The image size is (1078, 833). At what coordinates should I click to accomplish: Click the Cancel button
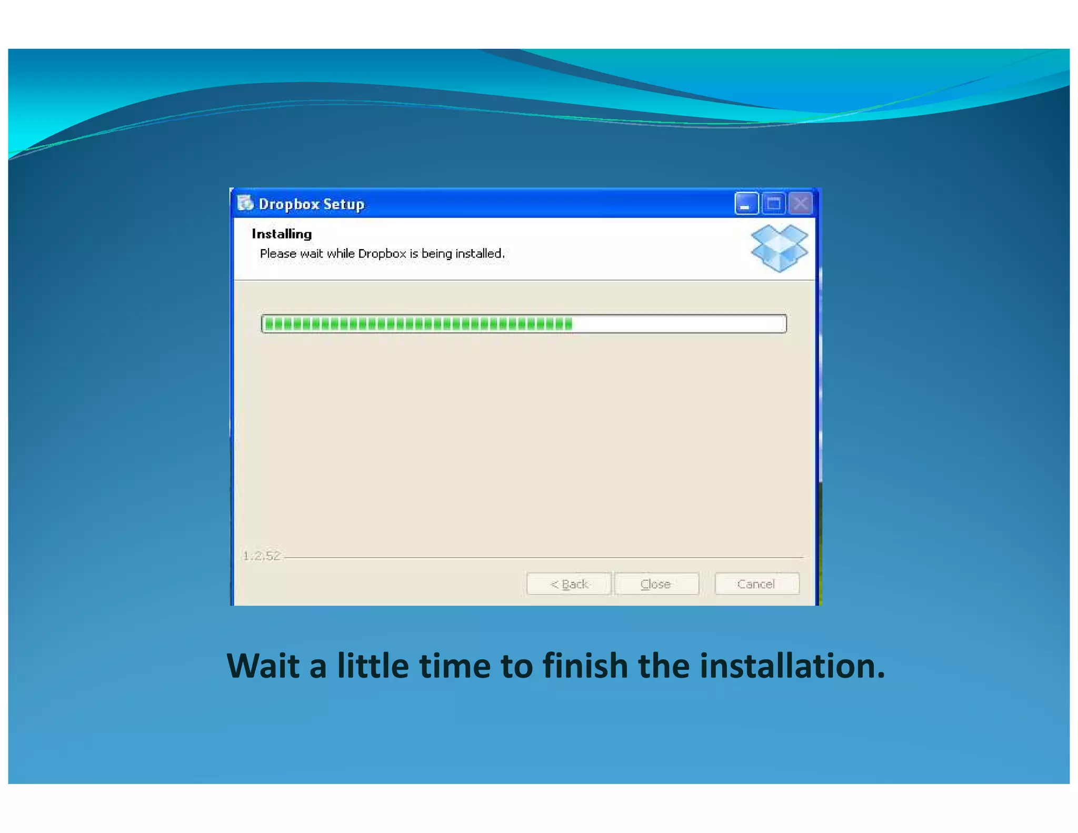coord(756,584)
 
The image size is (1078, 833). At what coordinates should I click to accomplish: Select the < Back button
coord(569,584)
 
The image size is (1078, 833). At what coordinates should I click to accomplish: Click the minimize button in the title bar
coord(746,204)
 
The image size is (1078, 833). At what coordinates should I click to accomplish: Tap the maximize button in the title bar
coord(773,204)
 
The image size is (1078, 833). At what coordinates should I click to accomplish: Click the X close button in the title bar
coord(801,204)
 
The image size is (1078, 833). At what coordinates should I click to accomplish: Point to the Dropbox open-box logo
coord(779,248)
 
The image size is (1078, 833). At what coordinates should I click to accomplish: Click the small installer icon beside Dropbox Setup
coord(245,203)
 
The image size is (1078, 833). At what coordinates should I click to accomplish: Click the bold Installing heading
coord(282,234)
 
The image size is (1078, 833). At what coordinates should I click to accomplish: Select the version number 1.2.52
coord(262,556)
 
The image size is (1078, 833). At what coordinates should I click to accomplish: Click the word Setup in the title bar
coord(344,204)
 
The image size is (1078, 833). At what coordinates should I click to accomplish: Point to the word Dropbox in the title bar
coord(289,204)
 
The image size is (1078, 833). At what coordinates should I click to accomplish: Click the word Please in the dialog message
coord(278,254)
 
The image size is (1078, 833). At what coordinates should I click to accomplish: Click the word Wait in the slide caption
coord(263,666)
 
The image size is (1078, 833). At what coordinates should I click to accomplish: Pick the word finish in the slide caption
coord(585,666)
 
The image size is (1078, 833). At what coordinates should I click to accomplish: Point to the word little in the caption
coord(373,666)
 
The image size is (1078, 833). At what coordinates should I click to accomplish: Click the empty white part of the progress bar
coord(679,324)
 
